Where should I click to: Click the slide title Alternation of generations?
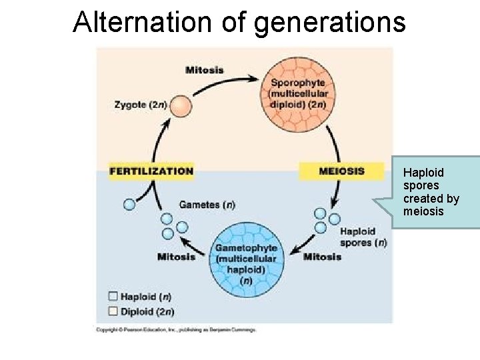pos(239,21)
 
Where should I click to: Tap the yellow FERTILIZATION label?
pos(151,171)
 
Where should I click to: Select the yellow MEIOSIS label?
pos(341,171)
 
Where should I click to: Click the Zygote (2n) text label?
pos(141,105)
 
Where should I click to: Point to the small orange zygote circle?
pos(180,107)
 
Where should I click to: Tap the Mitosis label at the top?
pos(204,70)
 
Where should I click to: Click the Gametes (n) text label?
pos(207,204)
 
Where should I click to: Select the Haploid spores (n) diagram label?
pos(363,237)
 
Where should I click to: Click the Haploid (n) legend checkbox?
pos(113,297)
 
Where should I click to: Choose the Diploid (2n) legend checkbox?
pos(113,311)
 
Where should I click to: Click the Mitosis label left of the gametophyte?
pos(176,257)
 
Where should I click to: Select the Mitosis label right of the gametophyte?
pos(322,257)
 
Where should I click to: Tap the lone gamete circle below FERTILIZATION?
pos(129,205)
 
